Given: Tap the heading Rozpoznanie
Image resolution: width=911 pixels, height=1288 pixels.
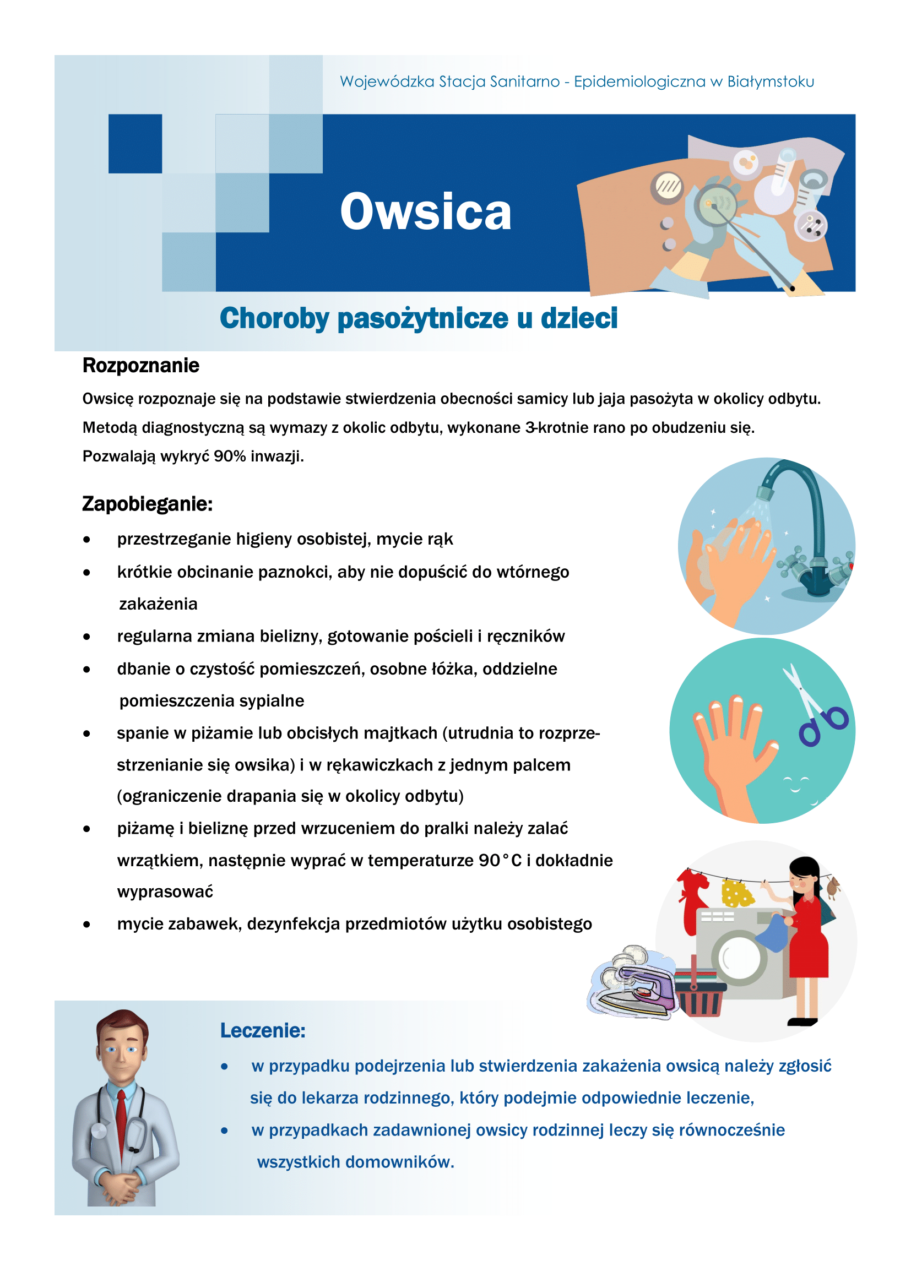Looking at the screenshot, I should click(141, 366).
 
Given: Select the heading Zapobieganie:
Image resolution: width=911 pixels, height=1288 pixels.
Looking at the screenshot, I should click(147, 504).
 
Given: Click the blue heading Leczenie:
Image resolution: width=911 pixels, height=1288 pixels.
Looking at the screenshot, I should click(263, 1030).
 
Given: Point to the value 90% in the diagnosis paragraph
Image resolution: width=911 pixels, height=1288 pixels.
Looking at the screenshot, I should click(230, 456).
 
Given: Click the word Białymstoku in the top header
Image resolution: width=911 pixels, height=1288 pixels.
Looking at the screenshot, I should click(770, 82).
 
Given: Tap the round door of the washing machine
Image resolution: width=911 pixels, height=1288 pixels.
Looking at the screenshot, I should click(739, 958).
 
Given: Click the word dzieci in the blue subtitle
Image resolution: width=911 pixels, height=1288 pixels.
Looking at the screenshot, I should click(579, 318).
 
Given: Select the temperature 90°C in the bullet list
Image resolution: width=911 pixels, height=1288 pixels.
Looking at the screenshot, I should click(500, 861).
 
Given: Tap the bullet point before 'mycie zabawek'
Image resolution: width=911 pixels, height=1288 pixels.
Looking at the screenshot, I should click(86, 925).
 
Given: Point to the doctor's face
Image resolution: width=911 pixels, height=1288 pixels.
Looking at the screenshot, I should click(121, 1053).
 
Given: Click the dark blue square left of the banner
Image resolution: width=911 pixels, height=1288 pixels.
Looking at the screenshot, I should click(135, 144).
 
